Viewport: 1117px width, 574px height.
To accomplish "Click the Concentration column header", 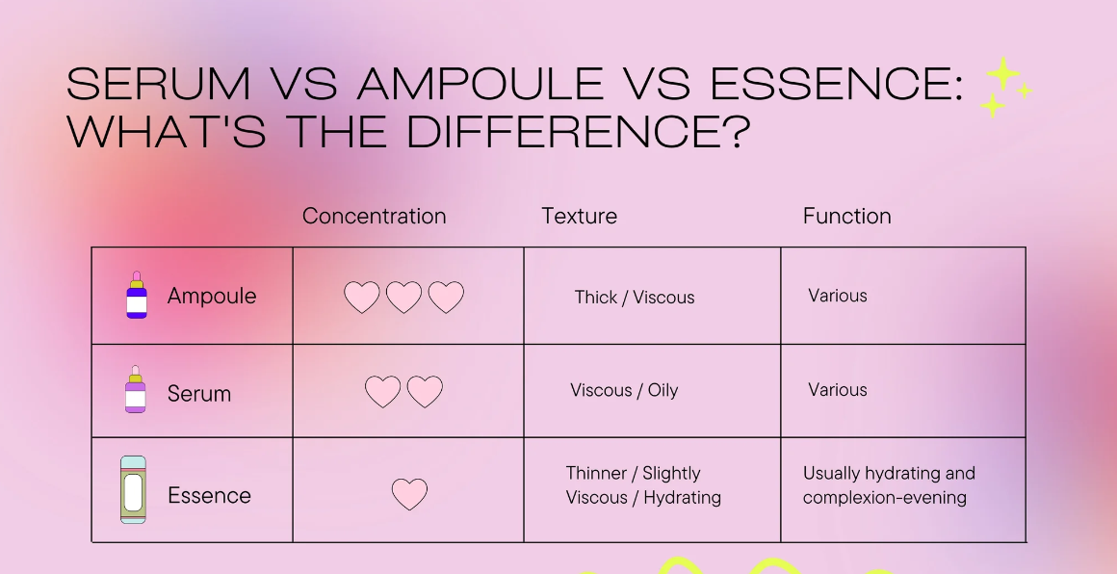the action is click(374, 216).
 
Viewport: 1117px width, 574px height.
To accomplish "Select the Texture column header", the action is click(579, 216).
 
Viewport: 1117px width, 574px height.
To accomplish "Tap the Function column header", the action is click(847, 216).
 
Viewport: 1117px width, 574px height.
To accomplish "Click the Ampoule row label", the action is click(212, 297).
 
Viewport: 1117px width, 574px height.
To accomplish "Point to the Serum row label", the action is click(198, 393).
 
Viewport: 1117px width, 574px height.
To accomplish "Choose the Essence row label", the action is click(210, 495).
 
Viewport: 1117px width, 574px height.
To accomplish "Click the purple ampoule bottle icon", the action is click(137, 295).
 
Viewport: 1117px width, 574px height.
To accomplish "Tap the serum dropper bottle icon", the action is click(136, 389).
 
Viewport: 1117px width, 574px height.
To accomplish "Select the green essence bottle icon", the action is click(133, 490).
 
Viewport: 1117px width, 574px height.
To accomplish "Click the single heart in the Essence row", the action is click(409, 493).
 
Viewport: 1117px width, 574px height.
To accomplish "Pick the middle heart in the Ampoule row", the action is click(403, 297).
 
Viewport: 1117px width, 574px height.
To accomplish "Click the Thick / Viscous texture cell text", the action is click(634, 297).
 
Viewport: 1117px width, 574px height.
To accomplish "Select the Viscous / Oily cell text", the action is click(624, 390).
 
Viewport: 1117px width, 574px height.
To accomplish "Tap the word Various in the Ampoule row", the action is click(838, 296).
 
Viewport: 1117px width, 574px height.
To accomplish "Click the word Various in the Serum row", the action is click(838, 389).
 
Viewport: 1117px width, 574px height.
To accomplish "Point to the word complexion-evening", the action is click(885, 497).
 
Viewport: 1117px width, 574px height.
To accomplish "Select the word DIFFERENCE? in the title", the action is click(579, 132).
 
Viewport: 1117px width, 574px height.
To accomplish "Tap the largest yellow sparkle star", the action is click(1003, 73).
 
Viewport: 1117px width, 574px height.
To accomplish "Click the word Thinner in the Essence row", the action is click(596, 473).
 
